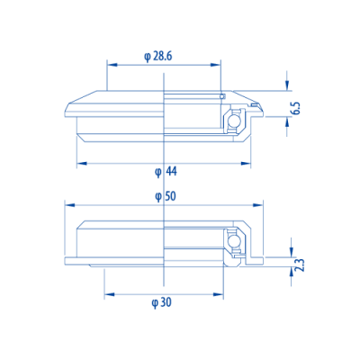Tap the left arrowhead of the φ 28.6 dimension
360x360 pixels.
[x=112, y=64]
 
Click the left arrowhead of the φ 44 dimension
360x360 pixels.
[x=81, y=163]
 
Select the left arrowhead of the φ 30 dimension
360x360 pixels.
[x=108, y=293]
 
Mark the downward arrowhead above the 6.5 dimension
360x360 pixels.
[x=287, y=86]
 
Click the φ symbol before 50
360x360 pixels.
[x=157, y=196]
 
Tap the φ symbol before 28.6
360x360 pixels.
[x=147, y=56]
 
